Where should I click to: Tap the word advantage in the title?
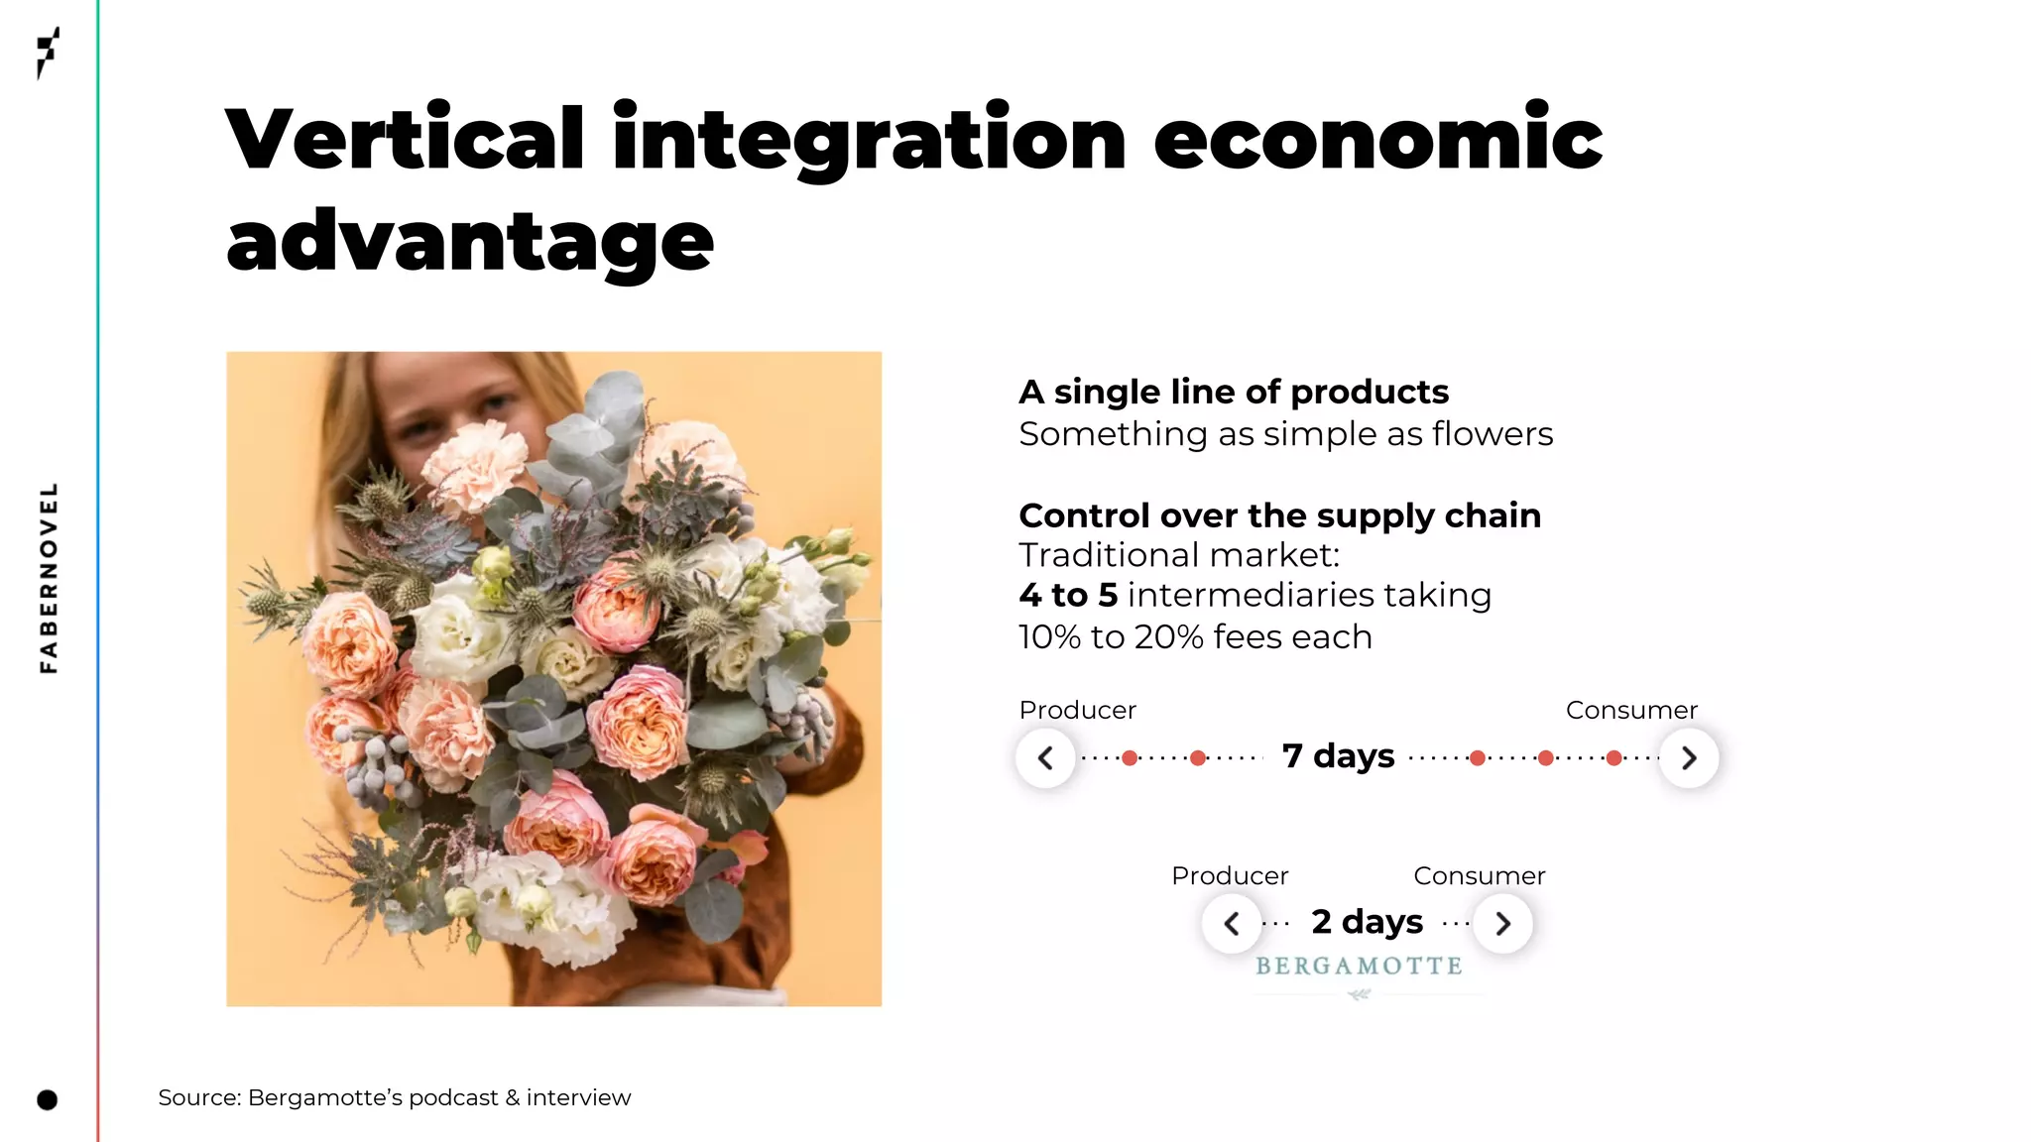click(470, 242)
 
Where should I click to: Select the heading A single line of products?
click(1234, 392)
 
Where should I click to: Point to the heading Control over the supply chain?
click(1279, 515)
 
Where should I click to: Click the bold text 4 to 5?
click(1068, 595)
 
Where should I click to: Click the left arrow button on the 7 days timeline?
click(1045, 758)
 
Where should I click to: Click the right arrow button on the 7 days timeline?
click(1689, 758)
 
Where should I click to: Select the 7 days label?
click(1338, 756)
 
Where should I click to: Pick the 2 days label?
click(1367, 922)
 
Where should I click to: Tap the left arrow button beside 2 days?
click(1232, 924)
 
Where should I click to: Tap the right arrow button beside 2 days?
click(1503, 924)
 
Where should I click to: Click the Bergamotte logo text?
click(1359, 967)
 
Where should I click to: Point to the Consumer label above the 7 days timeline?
click(1631, 710)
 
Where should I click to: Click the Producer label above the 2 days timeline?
click(1230, 875)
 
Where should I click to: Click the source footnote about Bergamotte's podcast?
click(394, 1097)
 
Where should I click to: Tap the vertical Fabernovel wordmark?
click(48, 578)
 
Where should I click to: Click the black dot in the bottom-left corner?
click(47, 1099)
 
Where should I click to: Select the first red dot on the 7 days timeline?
click(1130, 758)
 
